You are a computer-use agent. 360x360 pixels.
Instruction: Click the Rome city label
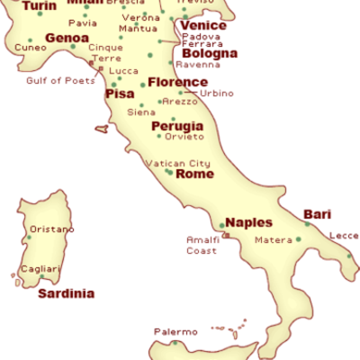point(194,175)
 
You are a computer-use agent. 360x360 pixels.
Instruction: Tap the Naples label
point(248,222)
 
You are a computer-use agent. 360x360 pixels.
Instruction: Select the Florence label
point(177,82)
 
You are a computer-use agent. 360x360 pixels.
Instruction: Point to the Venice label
point(202,25)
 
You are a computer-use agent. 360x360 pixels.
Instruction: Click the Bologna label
point(210,53)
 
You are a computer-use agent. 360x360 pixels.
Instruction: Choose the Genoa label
point(67,39)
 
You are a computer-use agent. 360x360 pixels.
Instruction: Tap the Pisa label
point(120,94)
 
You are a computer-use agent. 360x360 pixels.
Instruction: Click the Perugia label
point(177,126)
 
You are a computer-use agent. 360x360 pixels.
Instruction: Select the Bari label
point(317,214)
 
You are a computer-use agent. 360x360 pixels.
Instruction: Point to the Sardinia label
point(66,293)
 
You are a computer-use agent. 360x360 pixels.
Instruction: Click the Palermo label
point(175,332)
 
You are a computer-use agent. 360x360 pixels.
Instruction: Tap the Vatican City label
point(178,163)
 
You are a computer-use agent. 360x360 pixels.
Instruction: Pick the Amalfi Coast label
point(202,245)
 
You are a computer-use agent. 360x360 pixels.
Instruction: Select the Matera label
point(274,240)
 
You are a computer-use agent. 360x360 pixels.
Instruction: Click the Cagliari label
point(40,269)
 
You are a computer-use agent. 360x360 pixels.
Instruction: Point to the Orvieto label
point(184,137)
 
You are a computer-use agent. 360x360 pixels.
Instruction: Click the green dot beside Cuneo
point(30,40)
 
